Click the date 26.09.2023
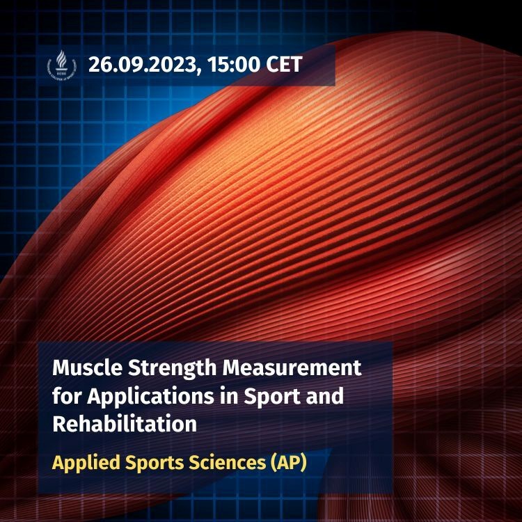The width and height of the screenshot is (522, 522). pos(139,65)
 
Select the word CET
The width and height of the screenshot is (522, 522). pos(282,65)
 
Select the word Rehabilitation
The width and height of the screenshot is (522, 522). pos(125,423)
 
